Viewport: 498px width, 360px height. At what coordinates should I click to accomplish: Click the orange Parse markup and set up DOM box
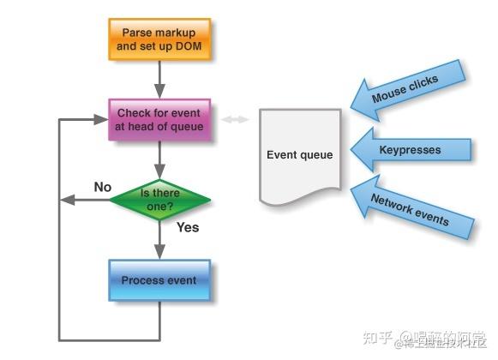click(159, 39)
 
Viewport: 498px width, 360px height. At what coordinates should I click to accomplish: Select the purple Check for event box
click(159, 120)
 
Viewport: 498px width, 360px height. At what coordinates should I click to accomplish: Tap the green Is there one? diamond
click(160, 199)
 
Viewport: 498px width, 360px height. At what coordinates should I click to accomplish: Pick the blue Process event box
click(159, 280)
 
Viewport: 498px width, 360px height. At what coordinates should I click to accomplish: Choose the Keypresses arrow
click(413, 150)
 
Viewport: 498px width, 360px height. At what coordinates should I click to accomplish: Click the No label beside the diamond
click(103, 186)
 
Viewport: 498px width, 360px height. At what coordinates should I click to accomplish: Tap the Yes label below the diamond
click(188, 228)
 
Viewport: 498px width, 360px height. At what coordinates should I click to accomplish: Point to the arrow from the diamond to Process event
click(159, 239)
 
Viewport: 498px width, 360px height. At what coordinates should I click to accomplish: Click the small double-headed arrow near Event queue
click(234, 120)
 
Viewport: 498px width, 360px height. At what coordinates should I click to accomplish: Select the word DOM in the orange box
click(189, 45)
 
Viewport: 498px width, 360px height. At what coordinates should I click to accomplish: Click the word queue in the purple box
click(187, 127)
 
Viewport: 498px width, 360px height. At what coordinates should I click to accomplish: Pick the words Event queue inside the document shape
click(299, 155)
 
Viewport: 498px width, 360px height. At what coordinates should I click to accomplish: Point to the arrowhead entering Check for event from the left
click(101, 120)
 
